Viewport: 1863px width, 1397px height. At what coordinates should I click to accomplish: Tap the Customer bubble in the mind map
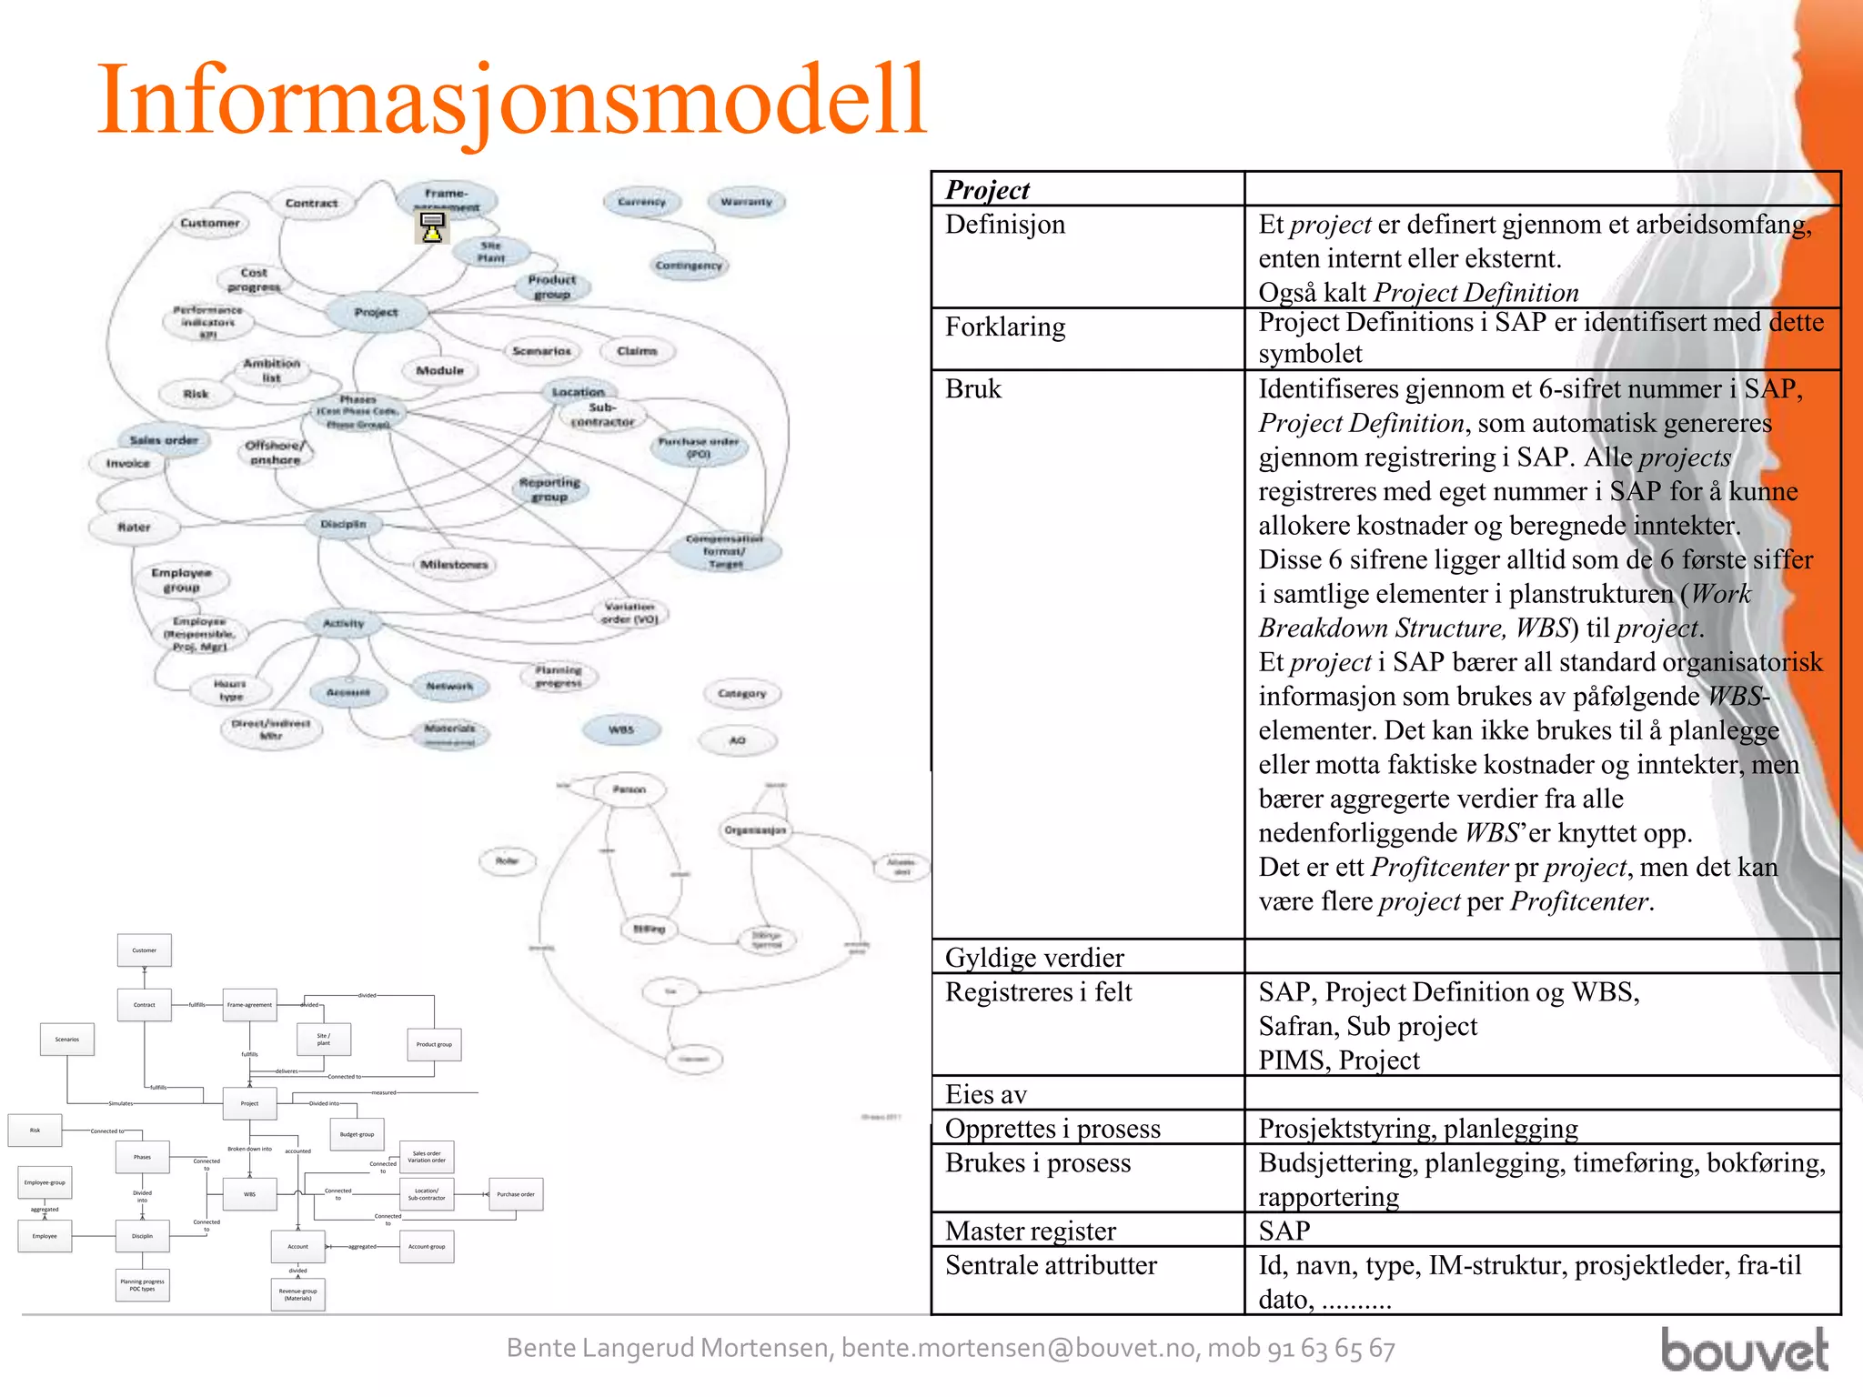click(210, 223)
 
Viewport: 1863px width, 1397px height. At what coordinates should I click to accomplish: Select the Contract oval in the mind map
click(311, 203)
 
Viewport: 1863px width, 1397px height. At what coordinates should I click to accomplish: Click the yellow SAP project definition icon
click(432, 227)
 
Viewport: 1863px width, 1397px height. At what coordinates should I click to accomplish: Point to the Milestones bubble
click(454, 564)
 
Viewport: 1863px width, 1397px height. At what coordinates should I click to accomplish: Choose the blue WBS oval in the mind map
click(621, 729)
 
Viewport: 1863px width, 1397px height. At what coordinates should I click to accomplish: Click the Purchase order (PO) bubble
click(699, 447)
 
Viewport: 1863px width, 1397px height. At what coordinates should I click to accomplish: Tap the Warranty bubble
click(746, 202)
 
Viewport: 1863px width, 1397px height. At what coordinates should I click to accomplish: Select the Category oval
click(742, 693)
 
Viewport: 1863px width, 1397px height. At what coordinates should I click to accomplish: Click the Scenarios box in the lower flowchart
click(67, 1039)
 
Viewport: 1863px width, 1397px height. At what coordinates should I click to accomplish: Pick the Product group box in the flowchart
click(434, 1044)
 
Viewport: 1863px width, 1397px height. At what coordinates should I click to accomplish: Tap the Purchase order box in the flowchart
click(516, 1194)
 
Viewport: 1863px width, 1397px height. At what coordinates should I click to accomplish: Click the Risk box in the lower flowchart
click(35, 1130)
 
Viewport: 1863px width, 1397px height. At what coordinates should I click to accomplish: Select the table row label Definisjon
click(1004, 225)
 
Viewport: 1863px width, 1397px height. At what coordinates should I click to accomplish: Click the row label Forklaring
click(1004, 327)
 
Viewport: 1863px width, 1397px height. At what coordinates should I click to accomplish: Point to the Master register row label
click(1030, 1231)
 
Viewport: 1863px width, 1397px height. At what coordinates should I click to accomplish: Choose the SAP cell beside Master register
click(1284, 1231)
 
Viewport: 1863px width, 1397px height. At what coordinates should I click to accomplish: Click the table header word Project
click(987, 190)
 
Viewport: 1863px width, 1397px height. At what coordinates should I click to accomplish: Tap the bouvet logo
click(1744, 1351)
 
